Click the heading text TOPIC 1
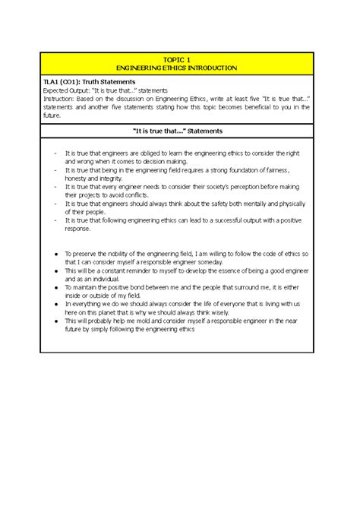point(179,58)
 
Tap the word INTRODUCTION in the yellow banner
point(213,68)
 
